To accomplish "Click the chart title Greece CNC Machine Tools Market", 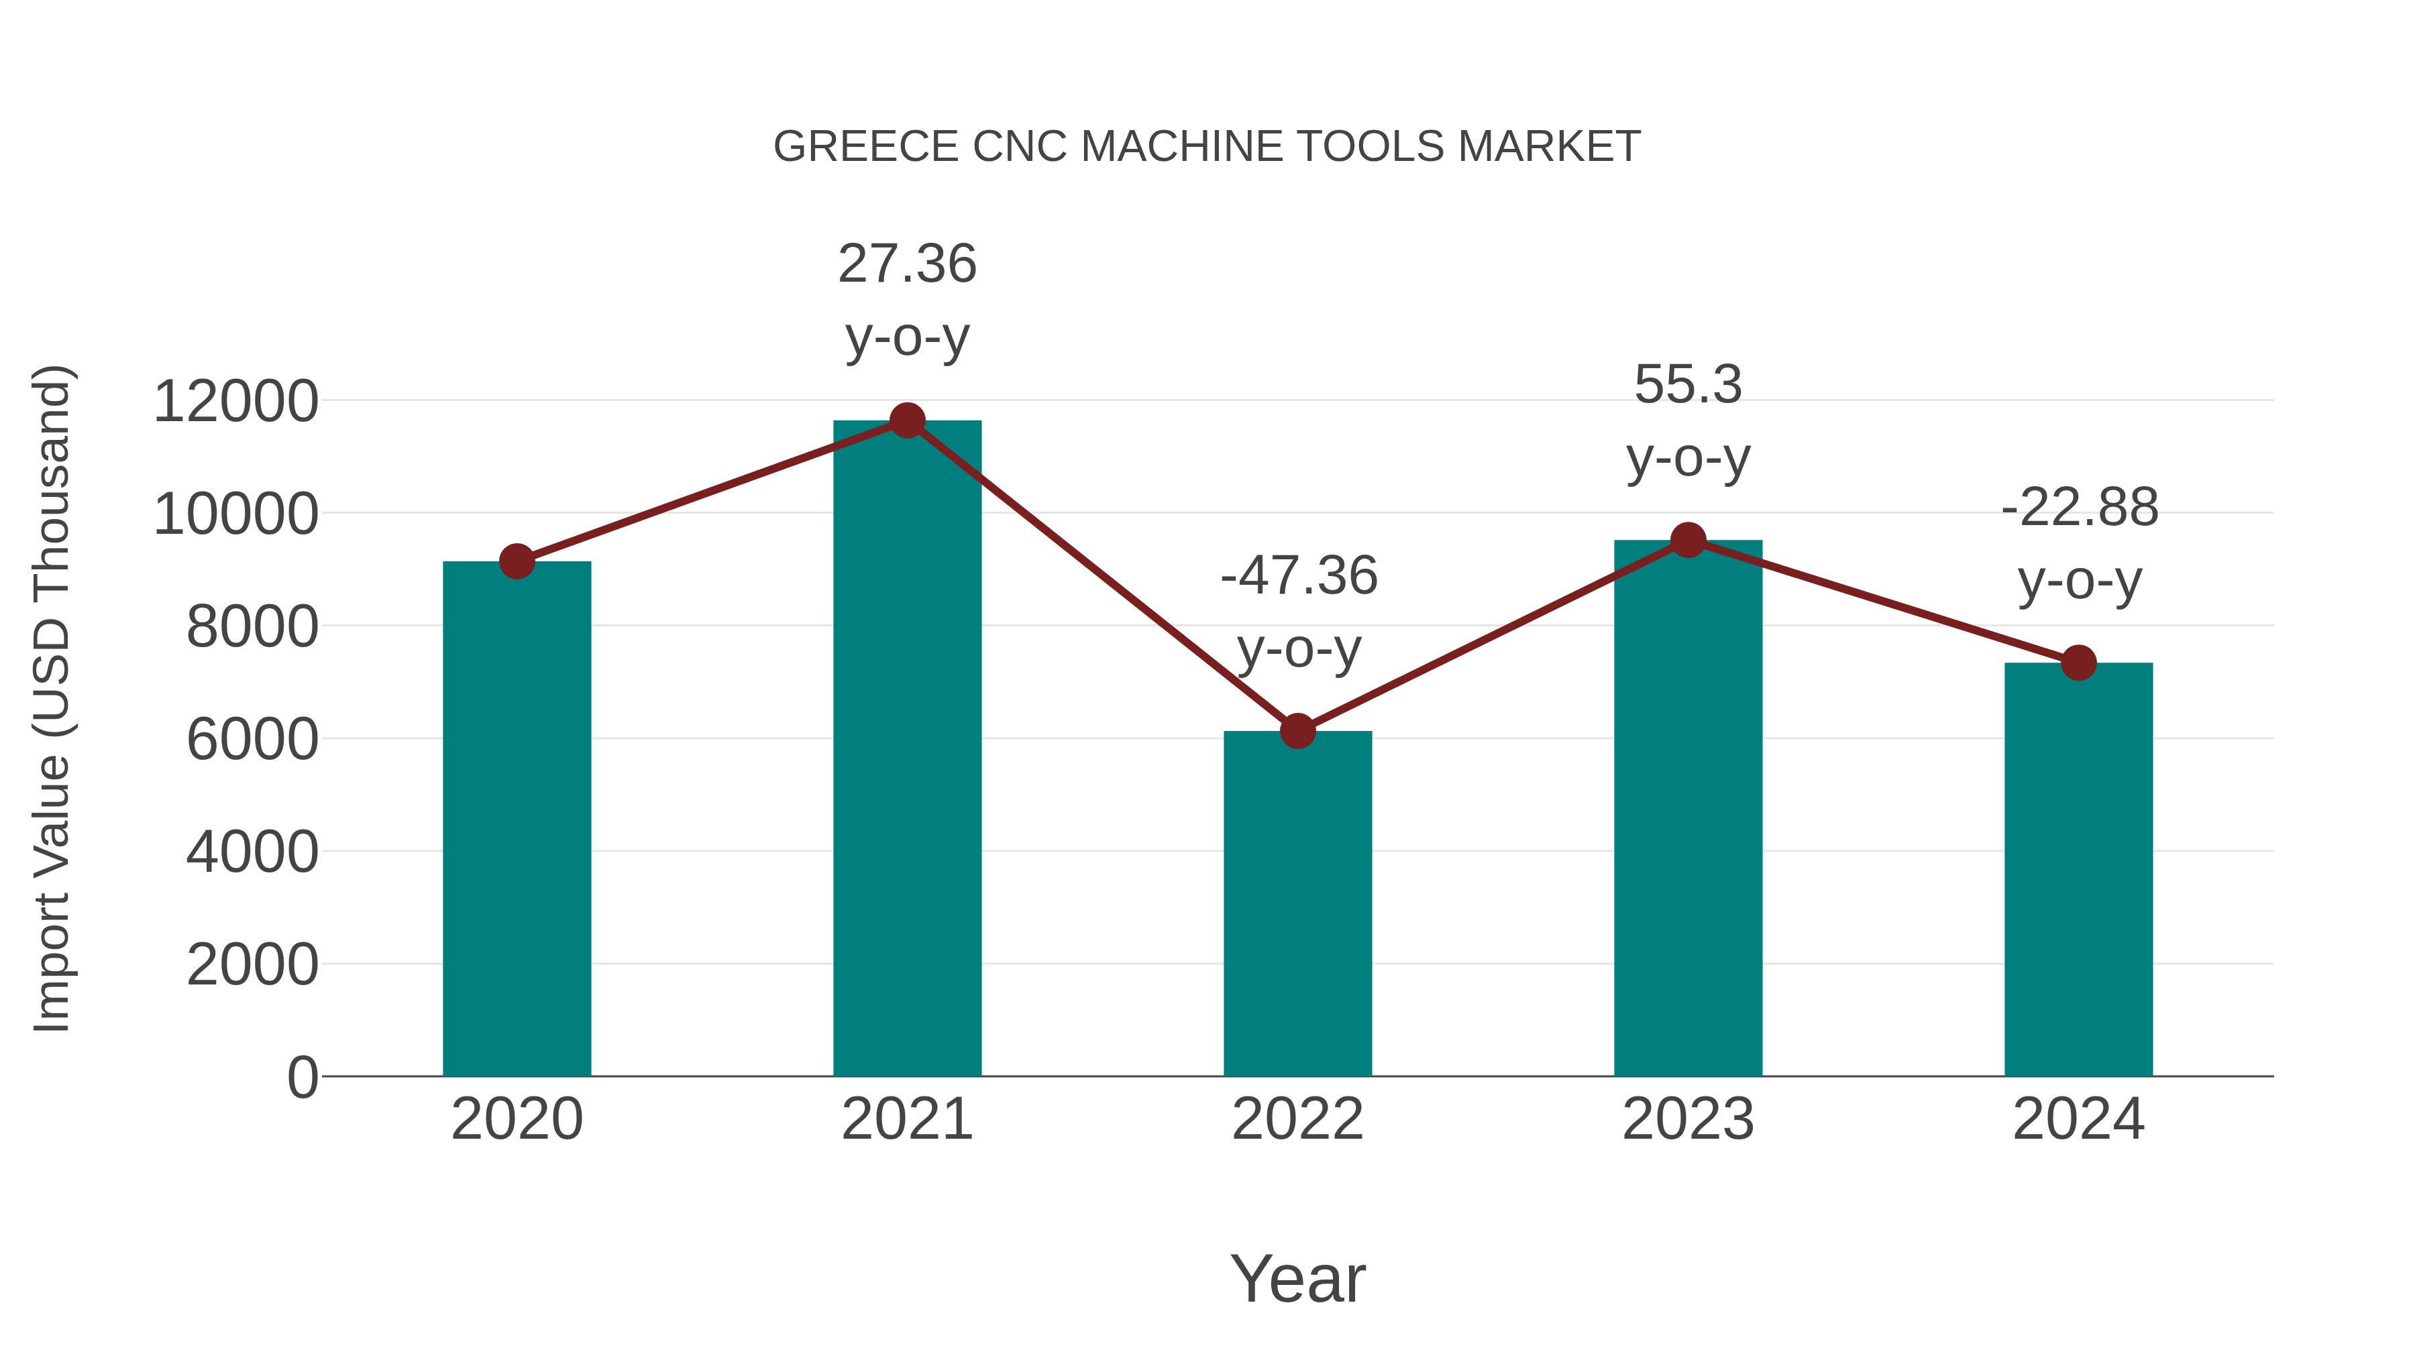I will pos(1207,147).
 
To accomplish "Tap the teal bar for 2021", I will pos(906,750).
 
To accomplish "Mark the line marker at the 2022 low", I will pos(1297,731).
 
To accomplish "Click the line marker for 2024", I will pos(2078,663).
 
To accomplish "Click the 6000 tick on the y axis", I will pos(252,740).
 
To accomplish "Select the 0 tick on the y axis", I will pos(303,1077).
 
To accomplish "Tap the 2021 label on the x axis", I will pos(906,1119).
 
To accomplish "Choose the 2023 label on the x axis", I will pos(1688,1119).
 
